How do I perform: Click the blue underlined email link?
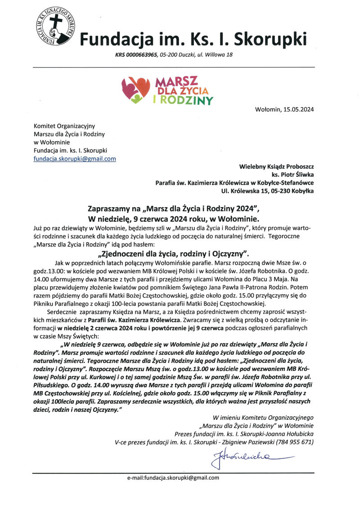(75, 159)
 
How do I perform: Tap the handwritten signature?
(245, 459)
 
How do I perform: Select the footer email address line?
(173, 478)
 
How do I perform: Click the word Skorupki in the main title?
(266, 40)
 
